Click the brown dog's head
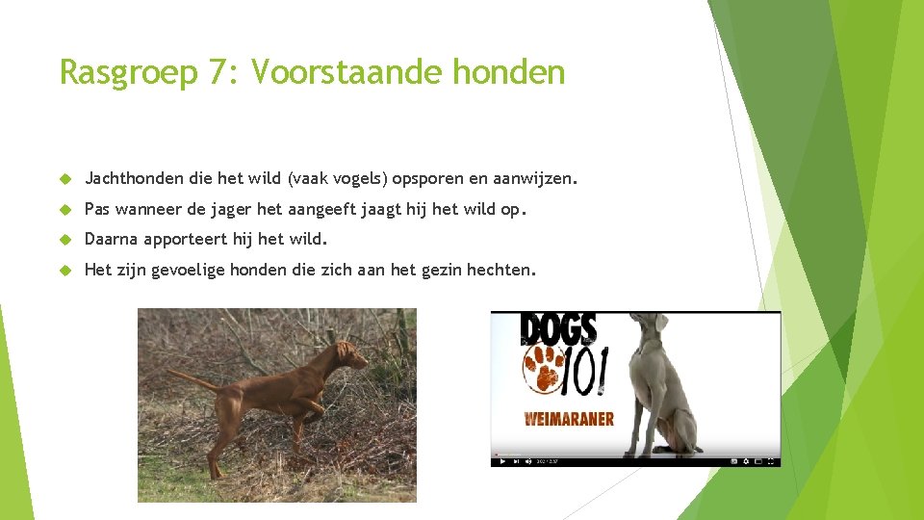pos(350,356)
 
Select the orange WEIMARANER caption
pos(569,419)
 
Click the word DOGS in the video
pos(559,329)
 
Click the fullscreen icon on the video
pos(771,461)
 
